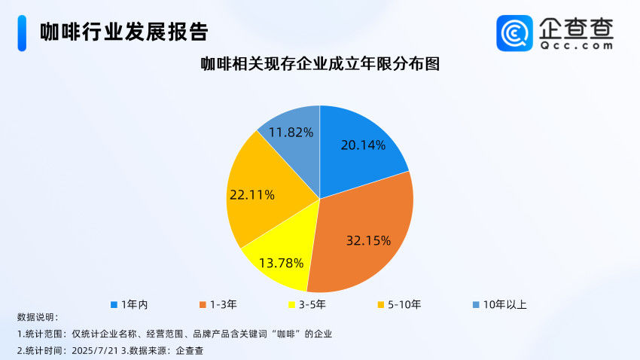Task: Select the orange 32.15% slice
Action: [363, 236]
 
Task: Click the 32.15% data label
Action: [368, 240]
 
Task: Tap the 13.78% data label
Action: [281, 263]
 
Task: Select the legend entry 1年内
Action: [130, 304]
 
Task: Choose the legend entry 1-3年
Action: [218, 304]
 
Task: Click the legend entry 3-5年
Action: [307, 304]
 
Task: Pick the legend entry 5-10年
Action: [399, 304]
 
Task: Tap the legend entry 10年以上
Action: [500, 304]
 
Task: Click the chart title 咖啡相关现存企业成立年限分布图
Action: [320, 64]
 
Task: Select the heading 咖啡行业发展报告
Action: [124, 32]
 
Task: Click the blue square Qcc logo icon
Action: [514, 33]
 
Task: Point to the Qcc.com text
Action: [576, 45]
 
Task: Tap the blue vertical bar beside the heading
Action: [22, 33]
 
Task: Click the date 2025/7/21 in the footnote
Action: [95, 350]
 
